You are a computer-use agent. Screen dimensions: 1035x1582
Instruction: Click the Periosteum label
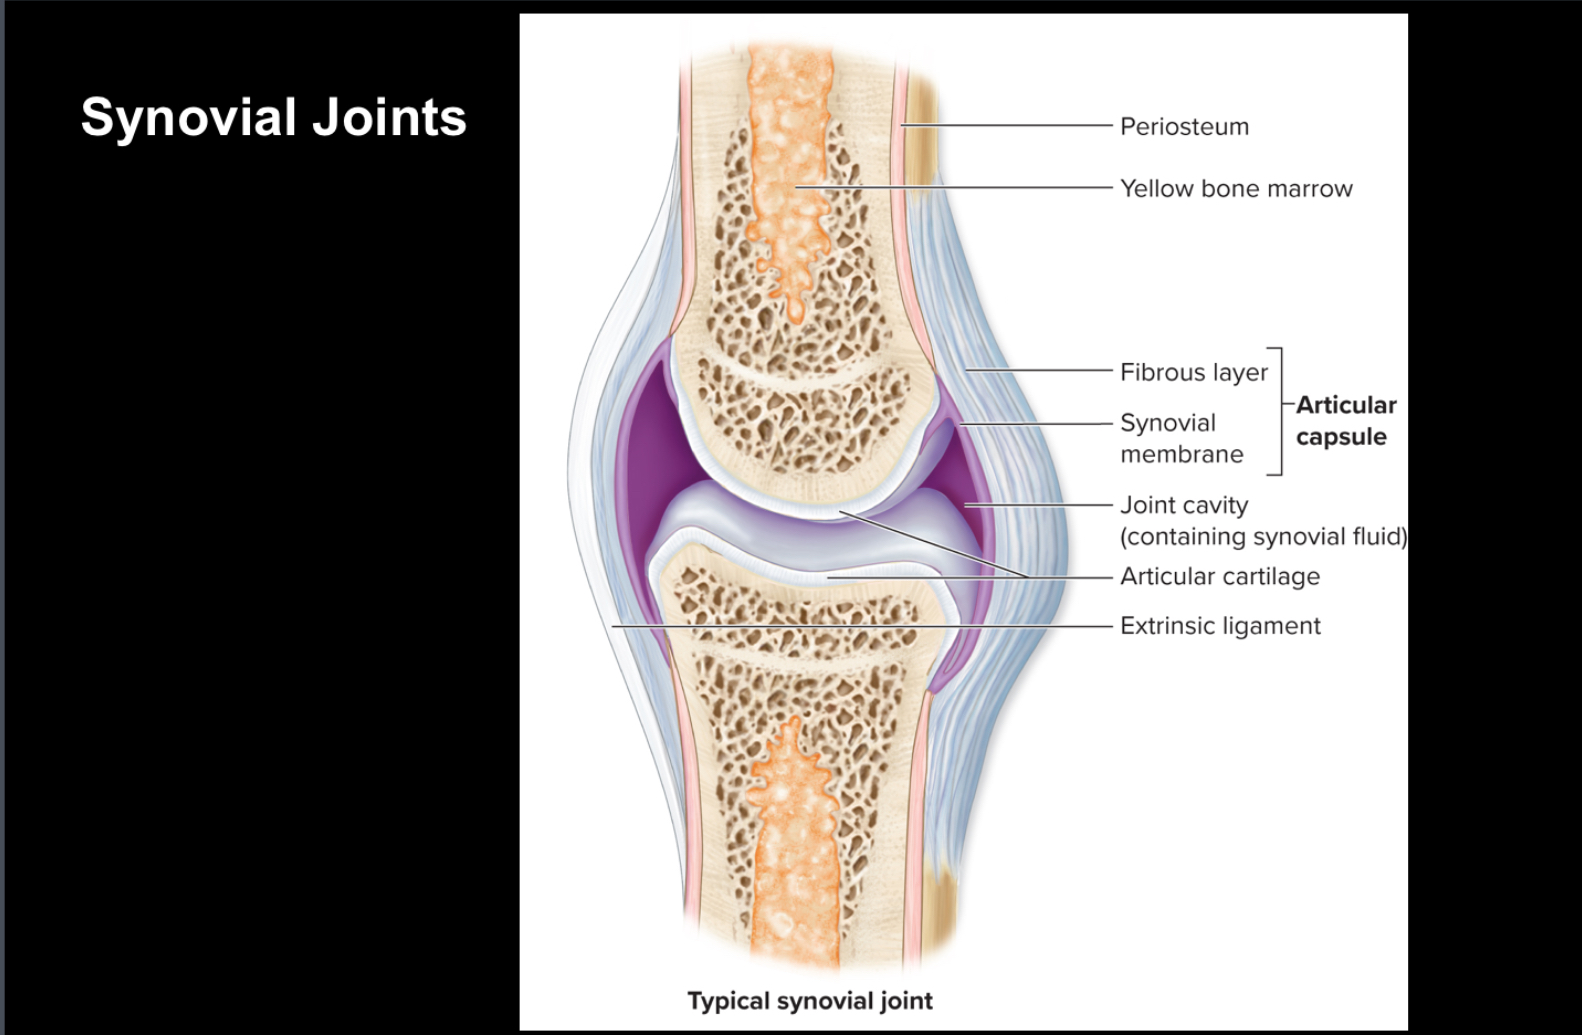[x=1184, y=127]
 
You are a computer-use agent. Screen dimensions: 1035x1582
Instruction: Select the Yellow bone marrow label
[x=1236, y=189]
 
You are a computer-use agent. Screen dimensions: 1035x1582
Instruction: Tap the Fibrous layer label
[x=1193, y=373]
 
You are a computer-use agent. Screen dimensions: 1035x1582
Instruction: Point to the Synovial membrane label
[x=1181, y=438]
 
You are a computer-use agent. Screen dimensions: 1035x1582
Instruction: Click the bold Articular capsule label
[x=1345, y=421]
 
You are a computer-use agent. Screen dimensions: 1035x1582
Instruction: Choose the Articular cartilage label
[x=1219, y=577]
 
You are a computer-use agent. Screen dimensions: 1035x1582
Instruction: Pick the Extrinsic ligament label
[x=1220, y=626]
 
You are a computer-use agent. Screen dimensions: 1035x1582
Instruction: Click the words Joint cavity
[x=1184, y=506]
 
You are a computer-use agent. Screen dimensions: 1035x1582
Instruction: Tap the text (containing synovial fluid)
[x=1263, y=537]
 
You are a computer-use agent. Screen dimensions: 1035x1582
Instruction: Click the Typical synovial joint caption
[x=810, y=1001]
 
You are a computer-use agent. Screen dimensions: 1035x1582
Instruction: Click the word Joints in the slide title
[x=389, y=117]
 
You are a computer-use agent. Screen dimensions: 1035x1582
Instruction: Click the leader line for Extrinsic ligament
[x=860, y=626]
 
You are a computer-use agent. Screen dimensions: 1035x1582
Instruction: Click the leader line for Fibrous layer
[x=1040, y=371]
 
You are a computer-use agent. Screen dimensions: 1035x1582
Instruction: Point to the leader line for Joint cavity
[x=1040, y=505]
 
